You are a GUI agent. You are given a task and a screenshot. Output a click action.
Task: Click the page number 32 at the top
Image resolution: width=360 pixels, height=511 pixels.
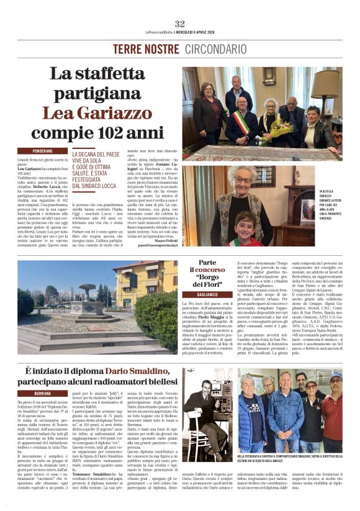pyautogui.click(x=180, y=24)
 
